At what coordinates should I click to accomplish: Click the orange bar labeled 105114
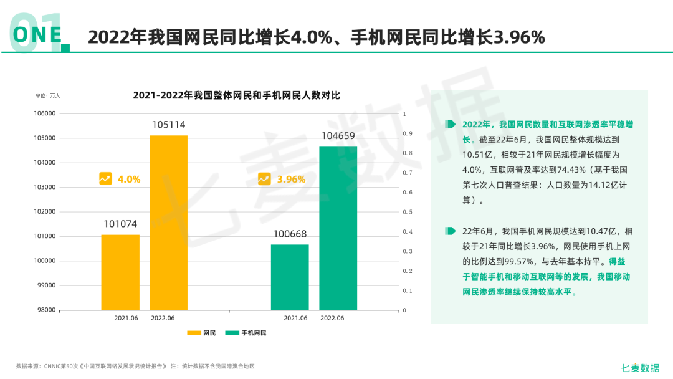[168, 223]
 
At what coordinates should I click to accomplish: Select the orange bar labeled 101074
[120, 272]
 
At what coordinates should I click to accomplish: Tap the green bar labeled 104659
[338, 228]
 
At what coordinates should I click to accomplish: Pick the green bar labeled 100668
[290, 277]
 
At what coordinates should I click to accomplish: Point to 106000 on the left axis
[44, 113]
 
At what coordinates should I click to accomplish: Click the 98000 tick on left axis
[44, 310]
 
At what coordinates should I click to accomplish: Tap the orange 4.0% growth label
[129, 180]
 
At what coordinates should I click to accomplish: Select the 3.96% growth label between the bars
[291, 180]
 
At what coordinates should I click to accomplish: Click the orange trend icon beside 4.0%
[105, 179]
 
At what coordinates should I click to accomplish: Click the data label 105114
[168, 125]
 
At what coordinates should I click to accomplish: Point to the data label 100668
[290, 234]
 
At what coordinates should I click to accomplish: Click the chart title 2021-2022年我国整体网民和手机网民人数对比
[236, 95]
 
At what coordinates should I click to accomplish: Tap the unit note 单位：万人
[48, 95]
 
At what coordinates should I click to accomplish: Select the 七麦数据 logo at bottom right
[640, 368]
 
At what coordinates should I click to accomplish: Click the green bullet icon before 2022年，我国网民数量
[451, 124]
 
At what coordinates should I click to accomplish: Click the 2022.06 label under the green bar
[332, 318]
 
